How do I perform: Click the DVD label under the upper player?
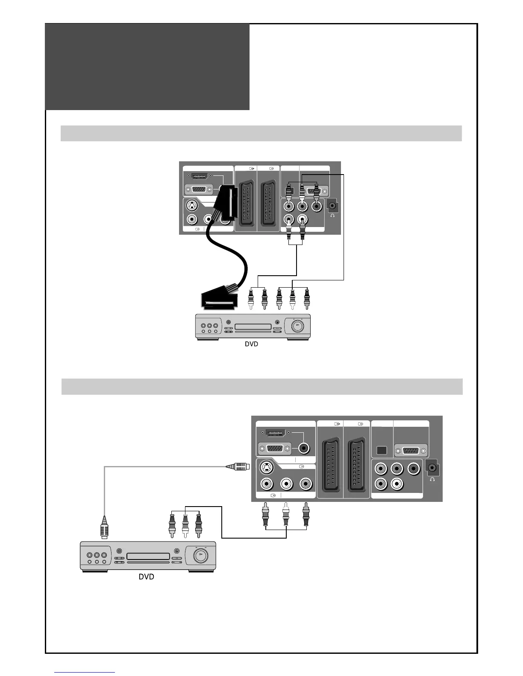251,344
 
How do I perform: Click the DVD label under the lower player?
146,577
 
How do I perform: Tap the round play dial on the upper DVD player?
296,327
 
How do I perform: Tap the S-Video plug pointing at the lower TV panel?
238,466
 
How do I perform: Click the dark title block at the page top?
147,67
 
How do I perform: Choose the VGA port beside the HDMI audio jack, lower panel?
275,449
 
